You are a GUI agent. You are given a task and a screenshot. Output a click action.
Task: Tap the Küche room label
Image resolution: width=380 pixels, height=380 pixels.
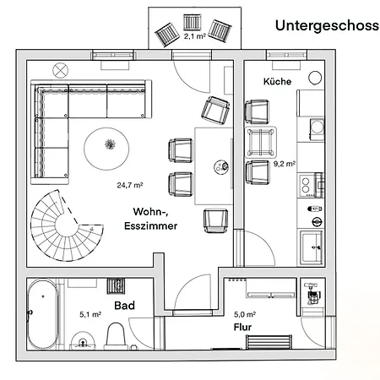[277, 82]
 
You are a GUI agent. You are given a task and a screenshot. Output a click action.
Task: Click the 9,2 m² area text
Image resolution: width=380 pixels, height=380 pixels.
[284, 166]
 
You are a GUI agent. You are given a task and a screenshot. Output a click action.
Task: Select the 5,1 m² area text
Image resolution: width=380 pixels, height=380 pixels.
[90, 314]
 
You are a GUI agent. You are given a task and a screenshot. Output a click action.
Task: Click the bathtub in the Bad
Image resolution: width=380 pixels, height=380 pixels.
[41, 316]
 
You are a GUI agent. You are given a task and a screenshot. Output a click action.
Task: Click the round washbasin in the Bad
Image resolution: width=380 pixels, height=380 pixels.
[82, 341]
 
